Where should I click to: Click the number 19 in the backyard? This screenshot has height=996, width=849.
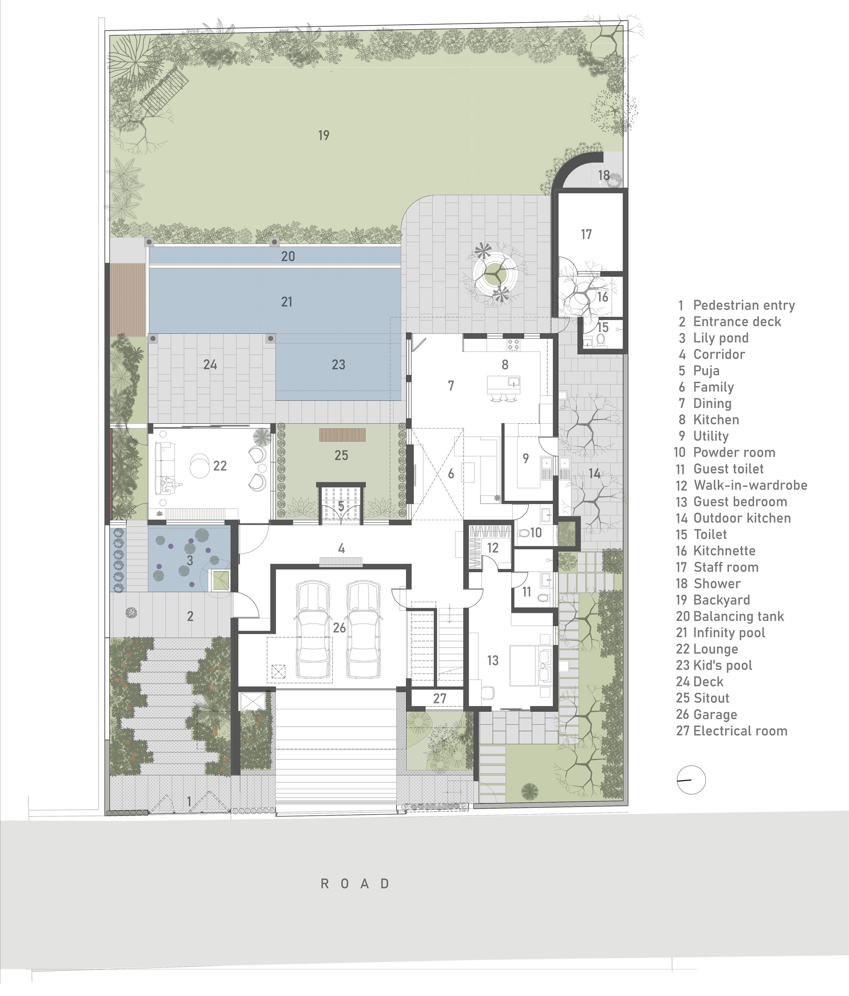tap(323, 135)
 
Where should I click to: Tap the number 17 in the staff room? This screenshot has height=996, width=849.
tap(586, 235)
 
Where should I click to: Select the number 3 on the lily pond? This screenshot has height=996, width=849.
tap(190, 560)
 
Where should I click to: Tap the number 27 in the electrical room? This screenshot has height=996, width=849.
tap(439, 698)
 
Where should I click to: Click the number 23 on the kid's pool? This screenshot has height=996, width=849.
tap(338, 365)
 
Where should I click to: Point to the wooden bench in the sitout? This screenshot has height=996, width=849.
tap(342, 435)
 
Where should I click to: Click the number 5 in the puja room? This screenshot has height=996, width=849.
tap(341, 506)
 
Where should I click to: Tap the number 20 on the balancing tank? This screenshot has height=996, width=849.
tap(288, 256)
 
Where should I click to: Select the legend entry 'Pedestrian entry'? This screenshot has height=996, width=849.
tap(743, 305)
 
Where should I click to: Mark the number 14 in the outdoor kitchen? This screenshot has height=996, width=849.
tap(595, 474)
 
